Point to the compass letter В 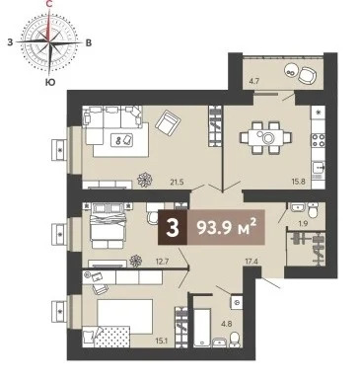[x=89, y=43]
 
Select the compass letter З [x=10, y=43]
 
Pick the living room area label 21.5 [x=178, y=181]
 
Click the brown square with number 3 [x=175, y=230]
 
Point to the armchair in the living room [x=167, y=123]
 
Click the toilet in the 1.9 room [x=310, y=209]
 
